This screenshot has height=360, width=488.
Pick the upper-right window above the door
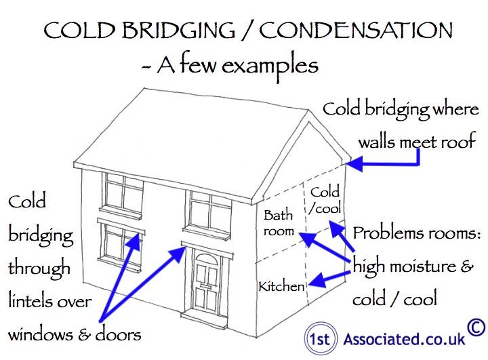click(207, 210)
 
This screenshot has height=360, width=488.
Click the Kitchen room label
click(282, 286)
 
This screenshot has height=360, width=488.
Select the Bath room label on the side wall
click(279, 223)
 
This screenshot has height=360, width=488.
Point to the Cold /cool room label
click(325, 199)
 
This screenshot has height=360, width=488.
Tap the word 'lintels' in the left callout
click(30, 300)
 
